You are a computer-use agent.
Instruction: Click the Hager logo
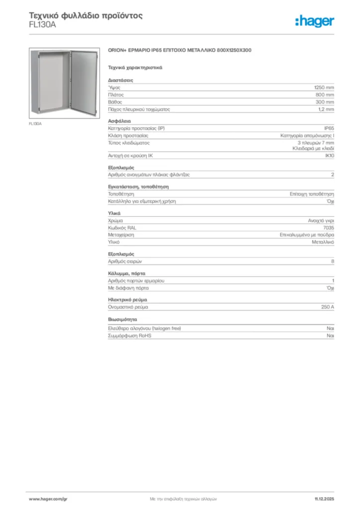[x=314, y=20]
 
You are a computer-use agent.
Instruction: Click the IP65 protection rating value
[x=329, y=128]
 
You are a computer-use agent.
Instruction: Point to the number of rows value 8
[x=333, y=261]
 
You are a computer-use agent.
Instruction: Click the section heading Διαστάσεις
[x=120, y=80]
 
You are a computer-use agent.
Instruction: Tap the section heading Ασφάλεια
[x=119, y=121]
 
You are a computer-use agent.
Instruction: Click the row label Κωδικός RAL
[x=122, y=227]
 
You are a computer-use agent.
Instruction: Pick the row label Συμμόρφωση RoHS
[x=129, y=336]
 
